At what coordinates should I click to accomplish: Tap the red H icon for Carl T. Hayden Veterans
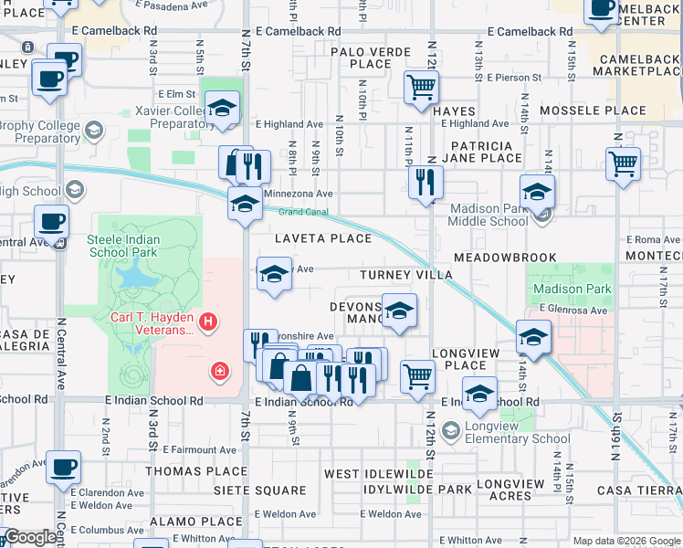tap(209, 321)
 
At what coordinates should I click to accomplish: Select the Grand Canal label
tap(301, 212)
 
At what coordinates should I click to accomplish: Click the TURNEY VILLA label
tap(406, 275)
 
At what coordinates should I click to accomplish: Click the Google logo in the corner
tap(30, 537)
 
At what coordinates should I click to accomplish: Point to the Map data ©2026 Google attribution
tap(626, 541)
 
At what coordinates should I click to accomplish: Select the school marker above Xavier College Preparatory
tap(221, 108)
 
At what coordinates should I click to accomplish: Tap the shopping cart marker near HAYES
tap(421, 88)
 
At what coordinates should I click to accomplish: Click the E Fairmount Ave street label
tap(199, 450)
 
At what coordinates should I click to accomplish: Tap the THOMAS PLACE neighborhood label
tap(196, 471)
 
